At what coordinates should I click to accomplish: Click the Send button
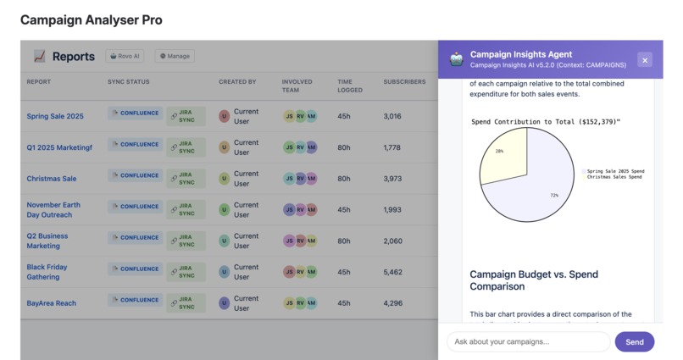[x=634, y=341]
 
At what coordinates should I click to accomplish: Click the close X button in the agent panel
[x=645, y=60]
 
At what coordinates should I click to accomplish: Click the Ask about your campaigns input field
[x=528, y=341]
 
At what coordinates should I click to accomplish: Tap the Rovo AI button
[x=125, y=57]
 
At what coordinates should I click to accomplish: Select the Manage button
[x=175, y=57]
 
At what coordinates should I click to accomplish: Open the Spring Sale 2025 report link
[x=55, y=116]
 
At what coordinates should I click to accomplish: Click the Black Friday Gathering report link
[x=47, y=272]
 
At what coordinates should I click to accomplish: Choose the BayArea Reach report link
[x=51, y=303]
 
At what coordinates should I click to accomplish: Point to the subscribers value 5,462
[x=392, y=272]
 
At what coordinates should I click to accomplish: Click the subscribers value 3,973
[x=392, y=179]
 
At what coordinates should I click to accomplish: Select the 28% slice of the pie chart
[x=502, y=157]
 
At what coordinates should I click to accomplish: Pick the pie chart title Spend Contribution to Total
[x=546, y=122]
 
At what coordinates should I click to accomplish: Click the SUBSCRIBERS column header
[x=404, y=82]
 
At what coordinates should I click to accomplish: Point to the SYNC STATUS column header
[x=128, y=82]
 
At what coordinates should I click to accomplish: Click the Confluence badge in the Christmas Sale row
[x=136, y=175]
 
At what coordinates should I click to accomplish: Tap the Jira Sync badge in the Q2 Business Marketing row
[x=186, y=241]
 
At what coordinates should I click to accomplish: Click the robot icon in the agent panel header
[x=457, y=59]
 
